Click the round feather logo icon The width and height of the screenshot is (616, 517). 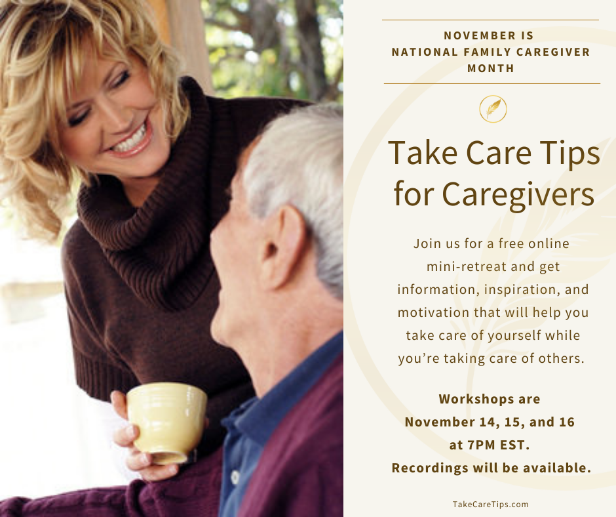tap(493, 108)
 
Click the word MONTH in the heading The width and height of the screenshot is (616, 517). tap(491, 68)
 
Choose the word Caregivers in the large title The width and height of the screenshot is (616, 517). tap(518, 194)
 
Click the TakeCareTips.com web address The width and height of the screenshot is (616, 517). tap(490, 504)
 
